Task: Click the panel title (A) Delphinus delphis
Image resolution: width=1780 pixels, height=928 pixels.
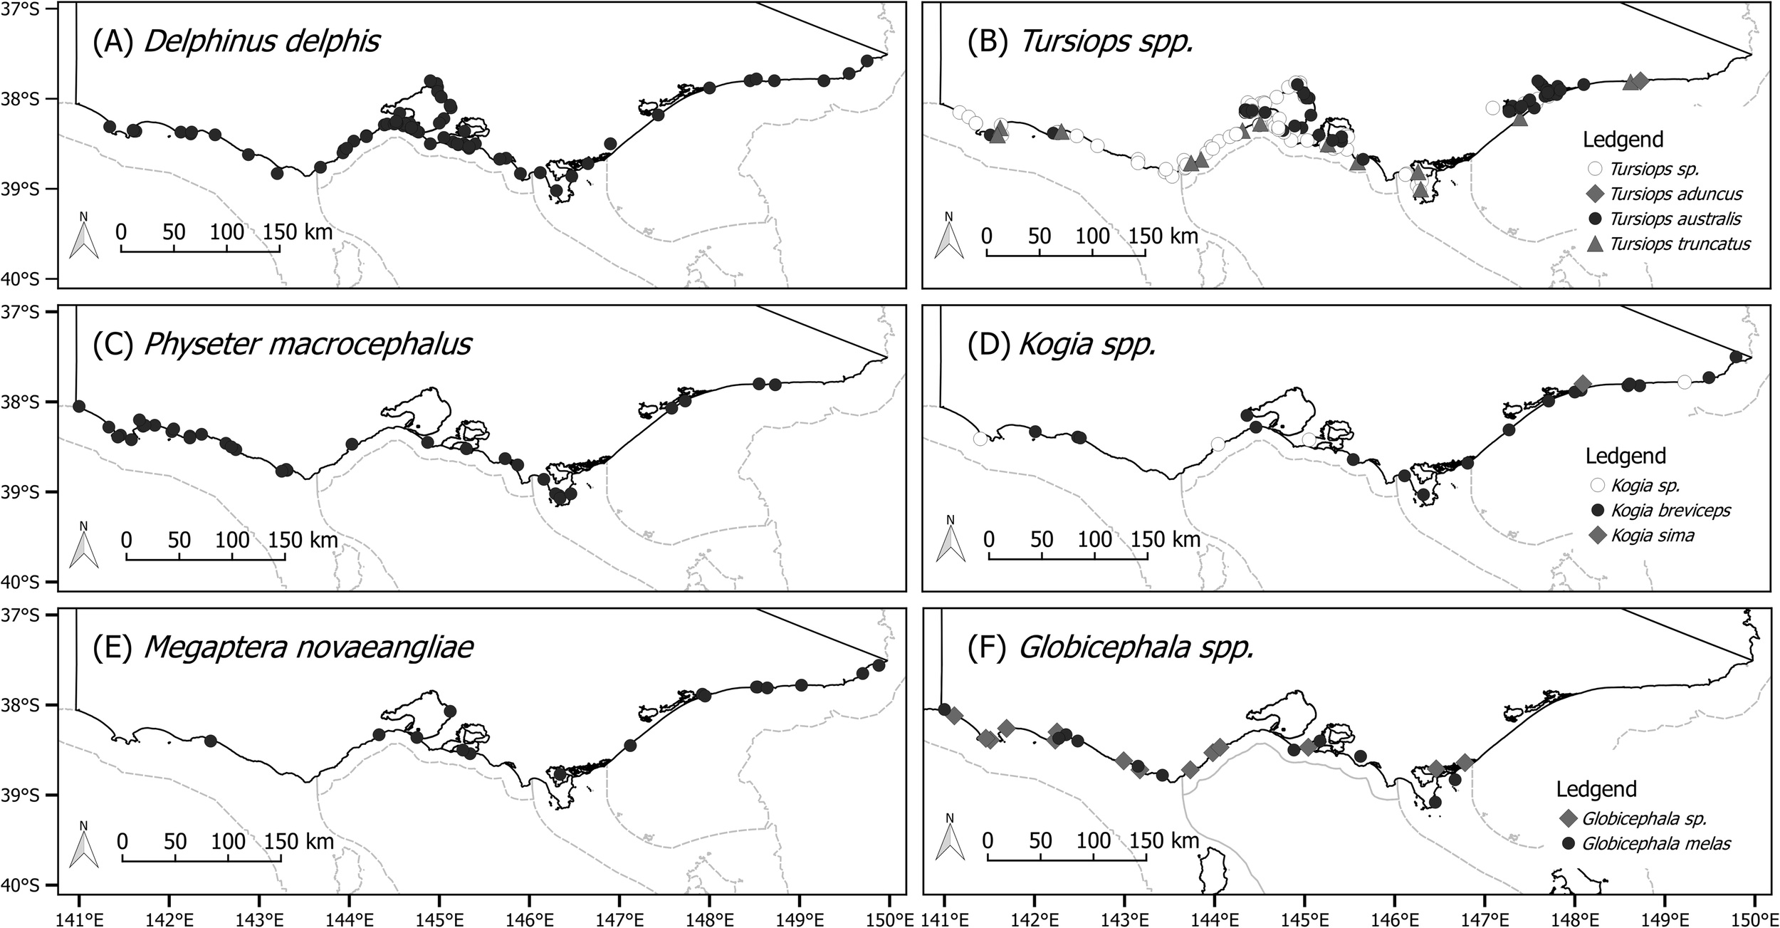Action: coord(236,41)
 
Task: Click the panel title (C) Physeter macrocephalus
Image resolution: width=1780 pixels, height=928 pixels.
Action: coord(282,345)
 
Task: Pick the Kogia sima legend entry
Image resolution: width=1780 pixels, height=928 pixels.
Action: coord(1638,535)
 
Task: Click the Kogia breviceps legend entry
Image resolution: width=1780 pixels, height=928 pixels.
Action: coord(1657,510)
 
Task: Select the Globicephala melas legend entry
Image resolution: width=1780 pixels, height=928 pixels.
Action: coord(1645,843)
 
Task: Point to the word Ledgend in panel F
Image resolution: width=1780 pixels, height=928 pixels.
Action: coord(1596,788)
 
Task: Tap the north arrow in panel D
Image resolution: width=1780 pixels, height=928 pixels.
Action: coord(949,541)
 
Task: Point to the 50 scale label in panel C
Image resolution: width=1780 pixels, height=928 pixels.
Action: coord(179,540)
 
